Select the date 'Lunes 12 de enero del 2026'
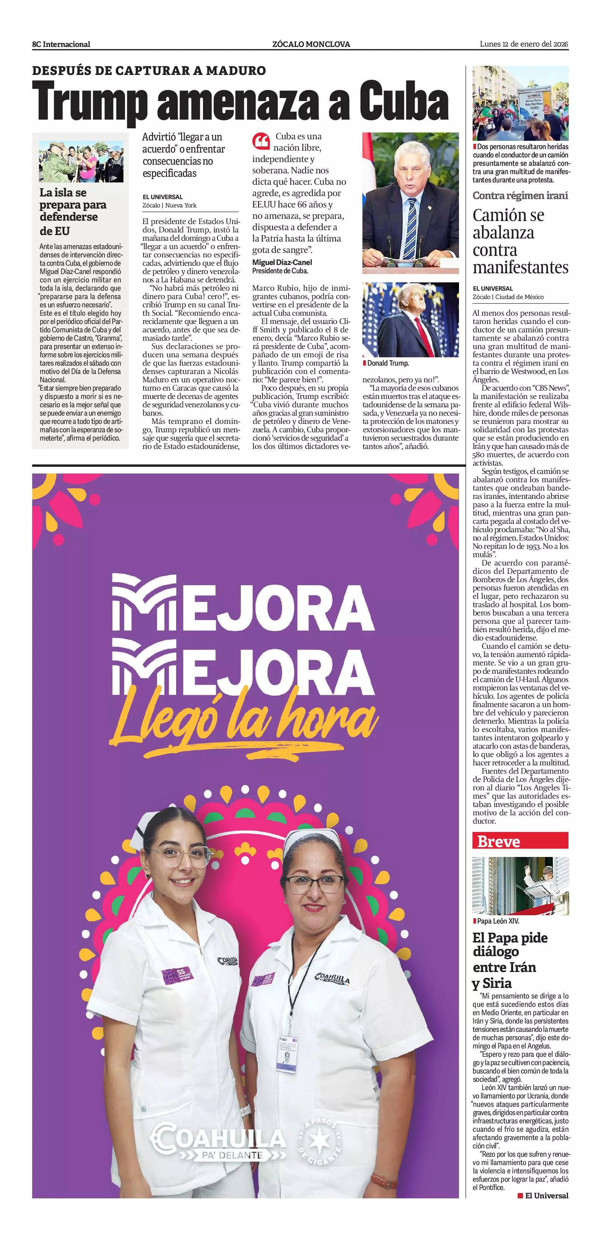[524, 44]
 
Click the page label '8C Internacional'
[61, 44]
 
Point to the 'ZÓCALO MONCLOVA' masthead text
[311, 44]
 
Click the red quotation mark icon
[261, 142]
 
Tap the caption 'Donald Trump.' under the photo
[388, 363]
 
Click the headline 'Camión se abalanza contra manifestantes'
[520, 241]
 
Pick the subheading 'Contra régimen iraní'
[520, 195]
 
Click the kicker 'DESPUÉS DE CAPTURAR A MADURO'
[149, 70]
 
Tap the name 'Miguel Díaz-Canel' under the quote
[282, 262]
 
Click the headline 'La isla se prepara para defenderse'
[72, 211]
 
